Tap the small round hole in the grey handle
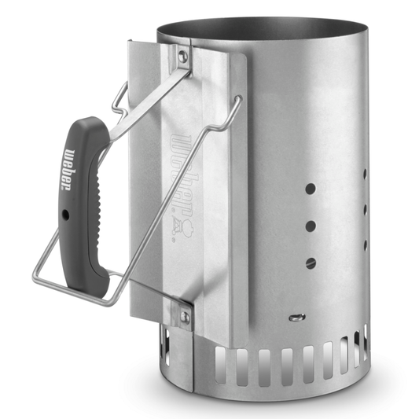click(x=67, y=213)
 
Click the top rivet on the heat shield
click(x=182, y=56)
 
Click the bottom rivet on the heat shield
click(x=186, y=316)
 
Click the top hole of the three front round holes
click(x=311, y=189)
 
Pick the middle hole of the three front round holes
click(x=311, y=226)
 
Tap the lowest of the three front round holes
click(x=311, y=262)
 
